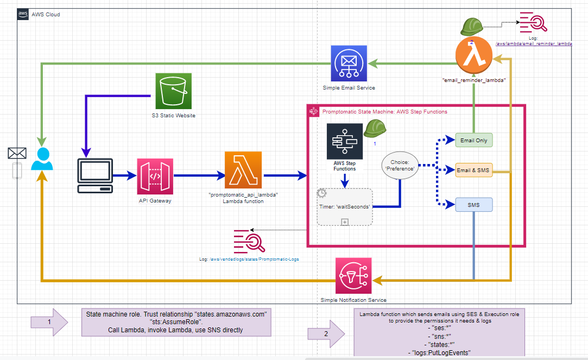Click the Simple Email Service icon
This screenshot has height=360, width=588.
tap(349, 64)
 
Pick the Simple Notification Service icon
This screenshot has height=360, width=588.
tap(353, 275)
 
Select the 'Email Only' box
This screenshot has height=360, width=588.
tap(473, 140)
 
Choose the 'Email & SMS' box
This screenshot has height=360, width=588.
tap(473, 170)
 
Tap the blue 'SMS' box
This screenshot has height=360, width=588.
tap(473, 205)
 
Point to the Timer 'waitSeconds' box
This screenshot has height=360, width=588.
tap(345, 206)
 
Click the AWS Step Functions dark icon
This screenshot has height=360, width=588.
tap(345, 142)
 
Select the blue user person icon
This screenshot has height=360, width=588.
tap(42, 159)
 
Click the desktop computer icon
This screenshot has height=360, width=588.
tap(95, 175)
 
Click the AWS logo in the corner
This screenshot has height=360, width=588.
tap(23, 14)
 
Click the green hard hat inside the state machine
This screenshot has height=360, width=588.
tap(374, 128)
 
